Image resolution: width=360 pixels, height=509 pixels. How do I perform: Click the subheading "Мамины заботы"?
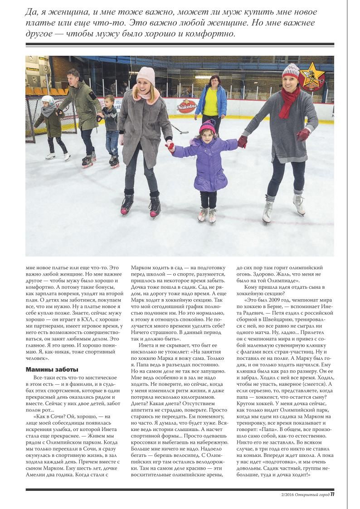[52, 369]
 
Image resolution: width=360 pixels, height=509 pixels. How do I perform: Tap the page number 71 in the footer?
[332, 494]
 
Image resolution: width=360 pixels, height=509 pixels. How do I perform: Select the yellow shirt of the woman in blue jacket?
[210, 102]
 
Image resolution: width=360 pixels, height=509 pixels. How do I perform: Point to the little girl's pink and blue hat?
[208, 126]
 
